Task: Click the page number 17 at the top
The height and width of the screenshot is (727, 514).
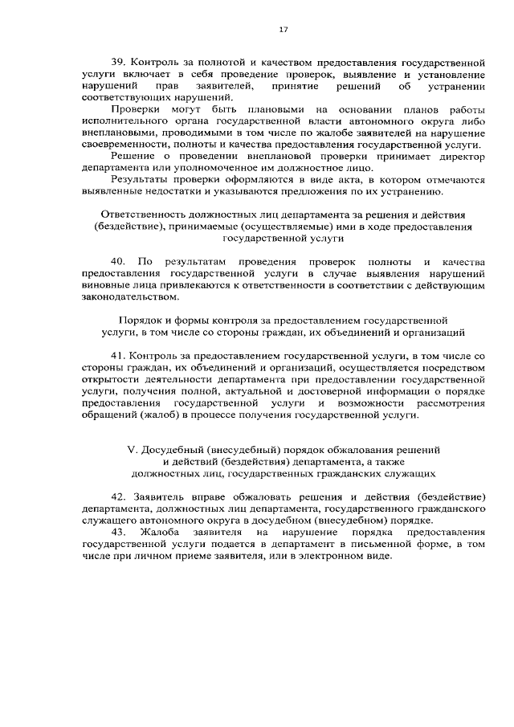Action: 283,30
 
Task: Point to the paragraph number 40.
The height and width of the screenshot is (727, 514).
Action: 118,262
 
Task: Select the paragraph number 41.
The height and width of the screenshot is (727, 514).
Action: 118,355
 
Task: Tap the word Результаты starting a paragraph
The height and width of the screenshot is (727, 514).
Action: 137,180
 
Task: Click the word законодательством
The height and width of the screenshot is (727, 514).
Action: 124,296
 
